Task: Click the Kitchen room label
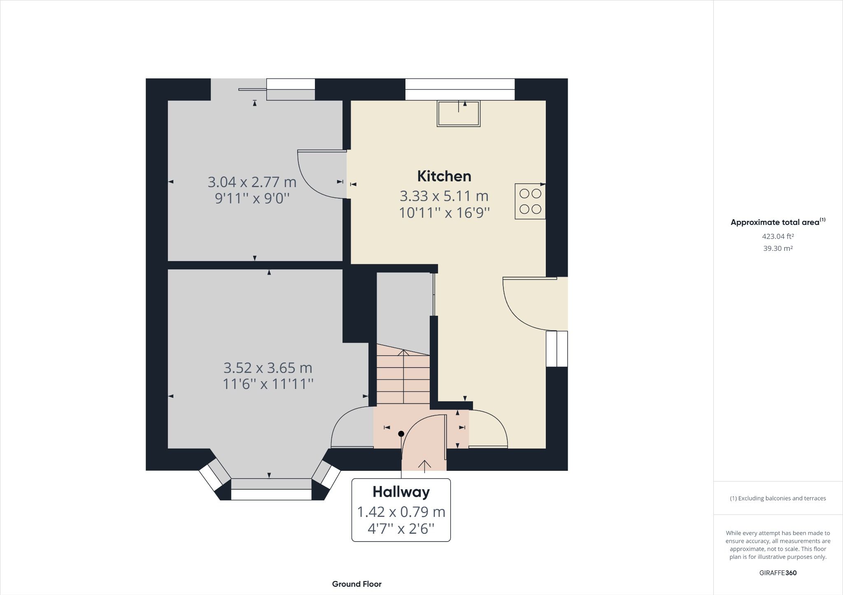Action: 444,176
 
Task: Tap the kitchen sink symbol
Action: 459,113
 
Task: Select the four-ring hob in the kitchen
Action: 530,201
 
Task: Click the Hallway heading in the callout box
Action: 401,492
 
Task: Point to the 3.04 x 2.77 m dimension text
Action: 252,182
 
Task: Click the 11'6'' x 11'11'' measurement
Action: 268,384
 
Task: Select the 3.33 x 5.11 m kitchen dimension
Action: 444,196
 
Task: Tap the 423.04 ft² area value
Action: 778,236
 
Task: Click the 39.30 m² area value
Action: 778,248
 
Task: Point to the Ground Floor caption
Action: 356,584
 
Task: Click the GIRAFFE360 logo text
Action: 778,573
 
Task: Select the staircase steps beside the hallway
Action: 403,378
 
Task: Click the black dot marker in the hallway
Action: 401,434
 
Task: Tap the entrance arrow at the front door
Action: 424,465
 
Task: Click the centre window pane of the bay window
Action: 271,494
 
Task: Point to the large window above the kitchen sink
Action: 460,89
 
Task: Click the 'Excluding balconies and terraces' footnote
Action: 778,498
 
